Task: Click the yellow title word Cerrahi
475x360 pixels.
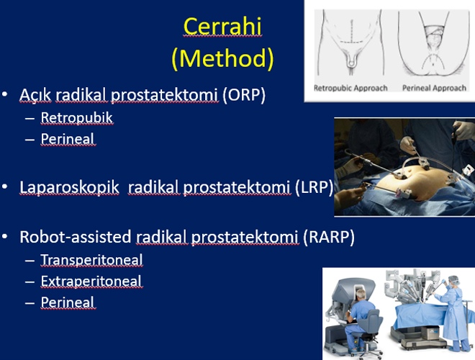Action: (x=222, y=27)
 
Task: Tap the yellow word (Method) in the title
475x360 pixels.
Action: (x=222, y=58)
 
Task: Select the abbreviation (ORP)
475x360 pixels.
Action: (x=244, y=95)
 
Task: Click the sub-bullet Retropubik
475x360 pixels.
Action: (x=76, y=118)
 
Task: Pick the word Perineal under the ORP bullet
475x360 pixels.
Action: (x=68, y=139)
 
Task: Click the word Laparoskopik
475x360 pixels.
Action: (x=69, y=187)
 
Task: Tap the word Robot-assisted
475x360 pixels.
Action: (x=75, y=237)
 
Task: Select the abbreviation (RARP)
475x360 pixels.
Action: (x=329, y=237)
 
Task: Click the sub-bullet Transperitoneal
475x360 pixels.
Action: (x=91, y=260)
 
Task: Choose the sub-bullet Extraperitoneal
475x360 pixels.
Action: (x=91, y=282)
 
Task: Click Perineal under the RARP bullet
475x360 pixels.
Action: (x=68, y=302)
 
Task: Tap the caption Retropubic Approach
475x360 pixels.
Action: (x=350, y=88)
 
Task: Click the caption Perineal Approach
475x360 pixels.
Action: (x=434, y=88)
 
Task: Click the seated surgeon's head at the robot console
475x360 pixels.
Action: (x=361, y=294)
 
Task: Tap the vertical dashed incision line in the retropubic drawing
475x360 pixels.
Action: (x=352, y=32)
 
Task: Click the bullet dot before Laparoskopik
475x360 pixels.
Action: (x=4, y=187)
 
